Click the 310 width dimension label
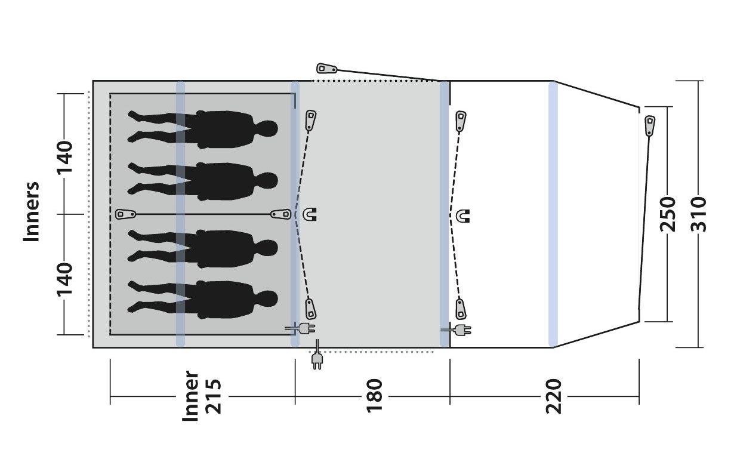coord(698,214)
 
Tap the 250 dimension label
coord(668,214)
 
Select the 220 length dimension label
coord(554,396)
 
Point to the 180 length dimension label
coord(374,396)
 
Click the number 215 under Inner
coord(213,396)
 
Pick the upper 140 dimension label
coord(64,157)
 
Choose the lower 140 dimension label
coord(64,279)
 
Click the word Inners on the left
coord(32,212)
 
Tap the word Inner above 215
coord(190,396)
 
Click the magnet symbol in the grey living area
coord(310,214)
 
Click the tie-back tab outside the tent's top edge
coord(326,69)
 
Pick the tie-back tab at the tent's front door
coord(650,126)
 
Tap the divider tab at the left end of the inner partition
coord(126,214)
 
